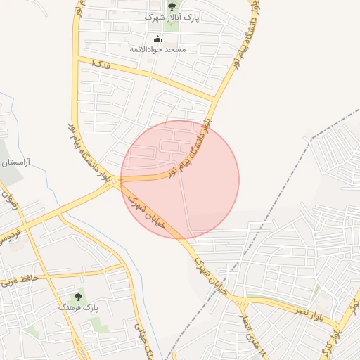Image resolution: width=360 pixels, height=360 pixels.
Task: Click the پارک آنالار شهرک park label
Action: pyautogui.click(x=172, y=17)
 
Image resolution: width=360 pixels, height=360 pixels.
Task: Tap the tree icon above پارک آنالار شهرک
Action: pyautogui.click(x=172, y=6)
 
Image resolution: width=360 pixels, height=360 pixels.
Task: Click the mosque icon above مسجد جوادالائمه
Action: pyautogui.click(x=157, y=39)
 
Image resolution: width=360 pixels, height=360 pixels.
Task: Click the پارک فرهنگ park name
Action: pyautogui.click(x=78, y=308)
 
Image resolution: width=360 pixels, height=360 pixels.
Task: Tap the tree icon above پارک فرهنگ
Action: pyautogui.click(x=78, y=297)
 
